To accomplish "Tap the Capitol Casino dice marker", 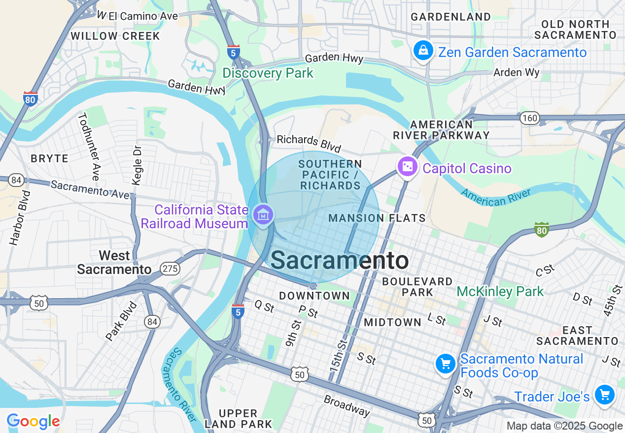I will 407,167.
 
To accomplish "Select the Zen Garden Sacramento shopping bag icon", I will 423,50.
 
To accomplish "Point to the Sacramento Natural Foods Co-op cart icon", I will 446,364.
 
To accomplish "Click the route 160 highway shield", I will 529,118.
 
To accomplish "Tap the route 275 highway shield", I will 170,269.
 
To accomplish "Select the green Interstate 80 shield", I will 541,229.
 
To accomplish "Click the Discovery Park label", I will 268,73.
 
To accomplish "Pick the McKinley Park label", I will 500,291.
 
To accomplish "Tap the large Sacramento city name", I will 340,260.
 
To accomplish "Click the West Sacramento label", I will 114,262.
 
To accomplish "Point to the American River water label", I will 496,196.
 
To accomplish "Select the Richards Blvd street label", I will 309,143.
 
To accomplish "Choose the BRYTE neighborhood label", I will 49,158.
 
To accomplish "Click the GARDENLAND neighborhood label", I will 451,17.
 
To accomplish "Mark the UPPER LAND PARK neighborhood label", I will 238,418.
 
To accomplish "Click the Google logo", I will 33,421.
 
